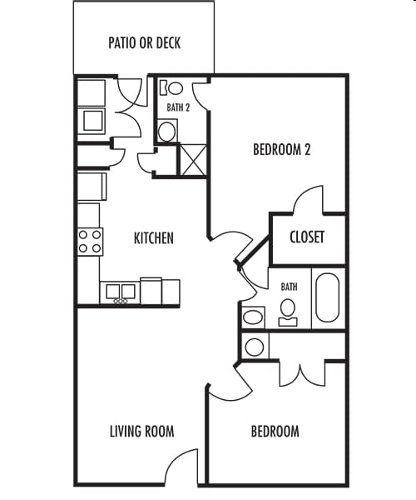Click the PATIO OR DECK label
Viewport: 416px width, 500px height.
(x=145, y=42)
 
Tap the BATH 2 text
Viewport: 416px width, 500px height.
(x=178, y=107)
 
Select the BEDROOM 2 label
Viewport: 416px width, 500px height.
(x=282, y=150)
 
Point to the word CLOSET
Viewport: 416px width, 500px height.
(x=306, y=237)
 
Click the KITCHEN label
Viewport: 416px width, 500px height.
(x=154, y=238)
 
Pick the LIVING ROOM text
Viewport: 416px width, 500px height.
(x=141, y=431)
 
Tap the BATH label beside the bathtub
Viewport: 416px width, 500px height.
(x=289, y=287)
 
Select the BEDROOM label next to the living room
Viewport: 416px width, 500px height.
(x=275, y=431)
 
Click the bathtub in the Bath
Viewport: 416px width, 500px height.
(x=327, y=297)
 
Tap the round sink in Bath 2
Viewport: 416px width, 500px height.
(x=167, y=130)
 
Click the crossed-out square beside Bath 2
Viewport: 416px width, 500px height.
(x=194, y=159)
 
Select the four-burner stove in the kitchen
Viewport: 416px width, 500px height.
(x=90, y=242)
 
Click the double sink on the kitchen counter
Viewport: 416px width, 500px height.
(x=120, y=292)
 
